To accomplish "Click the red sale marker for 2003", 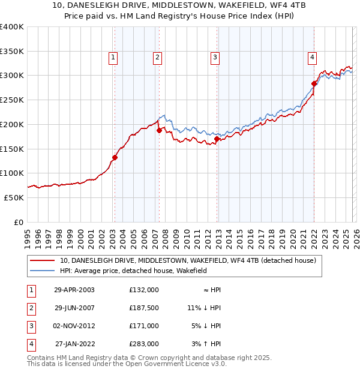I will [114, 158].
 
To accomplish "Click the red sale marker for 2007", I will [159, 130].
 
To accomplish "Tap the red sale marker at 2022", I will [314, 83].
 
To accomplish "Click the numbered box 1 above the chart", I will [113, 58].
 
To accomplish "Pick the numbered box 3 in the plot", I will [215, 58].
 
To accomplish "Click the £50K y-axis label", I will [13, 197].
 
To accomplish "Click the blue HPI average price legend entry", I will [133, 271].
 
